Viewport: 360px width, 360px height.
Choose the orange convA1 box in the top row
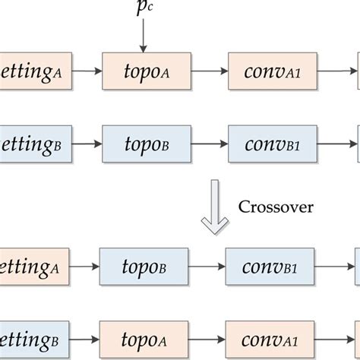(x=272, y=71)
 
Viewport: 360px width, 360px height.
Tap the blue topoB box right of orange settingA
(x=143, y=267)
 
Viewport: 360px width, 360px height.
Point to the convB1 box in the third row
(x=269, y=267)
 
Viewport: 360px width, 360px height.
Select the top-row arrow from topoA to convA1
(x=209, y=71)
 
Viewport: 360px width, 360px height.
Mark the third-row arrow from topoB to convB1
(x=206, y=267)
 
